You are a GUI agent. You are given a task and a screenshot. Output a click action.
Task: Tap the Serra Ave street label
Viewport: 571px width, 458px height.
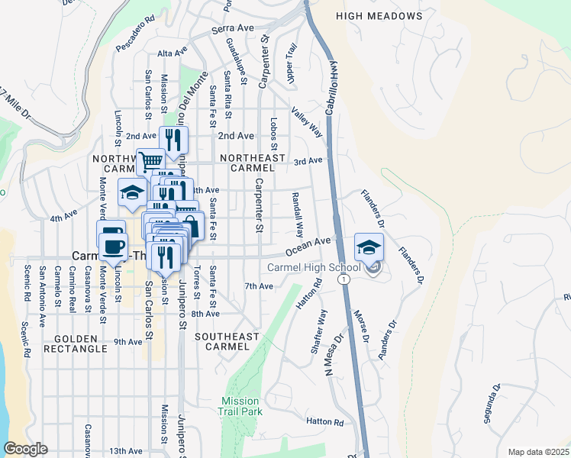pyautogui.click(x=232, y=28)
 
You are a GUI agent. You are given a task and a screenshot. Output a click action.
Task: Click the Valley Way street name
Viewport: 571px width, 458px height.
pyautogui.click(x=306, y=122)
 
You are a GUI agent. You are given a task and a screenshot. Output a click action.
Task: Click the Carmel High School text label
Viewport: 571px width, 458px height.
pyautogui.click(x=314, y=267)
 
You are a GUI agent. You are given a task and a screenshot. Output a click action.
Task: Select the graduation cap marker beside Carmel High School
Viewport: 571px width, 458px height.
pyautogui.click(x=369, y=247)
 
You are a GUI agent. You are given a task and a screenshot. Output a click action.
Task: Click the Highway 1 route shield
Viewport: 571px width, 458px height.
pyautogui.click(x=345, y=280)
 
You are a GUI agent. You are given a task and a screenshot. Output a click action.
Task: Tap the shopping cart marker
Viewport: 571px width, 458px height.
pyautogui.click(x=150, y=161)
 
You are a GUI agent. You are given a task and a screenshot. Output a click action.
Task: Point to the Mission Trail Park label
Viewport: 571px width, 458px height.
pyautogui.click(x=241, y=406)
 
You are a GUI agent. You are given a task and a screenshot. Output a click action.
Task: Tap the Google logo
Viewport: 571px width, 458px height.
pyautogui.click(x=26, y=449)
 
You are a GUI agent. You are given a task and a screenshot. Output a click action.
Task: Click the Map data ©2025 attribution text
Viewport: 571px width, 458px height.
pyautogui.click(x=538, y=452)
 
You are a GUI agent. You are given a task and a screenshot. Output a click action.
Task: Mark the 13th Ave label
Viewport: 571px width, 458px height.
pyautogui.click(x=125, y=452)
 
